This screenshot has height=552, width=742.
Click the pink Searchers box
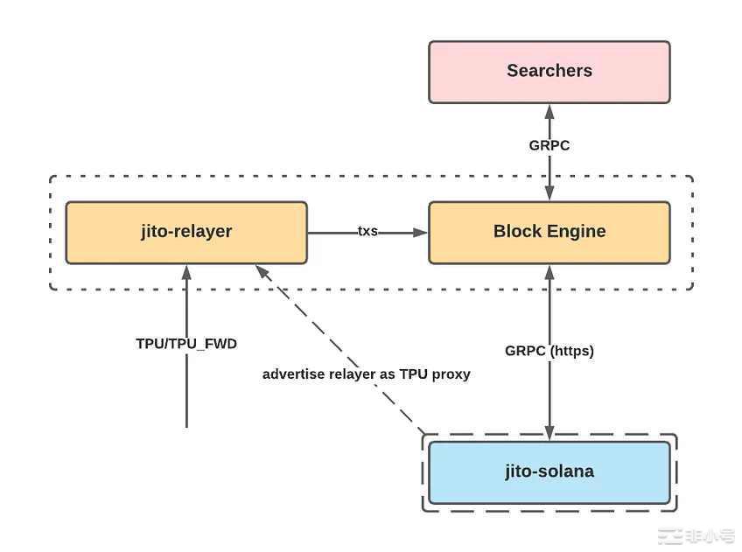click(x=549, y=72)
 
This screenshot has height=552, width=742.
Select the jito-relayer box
click(x=186, y=233)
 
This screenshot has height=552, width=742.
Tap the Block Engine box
click(x=549, y=233)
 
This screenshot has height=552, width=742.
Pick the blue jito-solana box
click(x=549, y=472)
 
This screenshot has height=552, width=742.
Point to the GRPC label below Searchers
click(x=549, y=145)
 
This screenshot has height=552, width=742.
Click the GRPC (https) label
click(x=549, y=351)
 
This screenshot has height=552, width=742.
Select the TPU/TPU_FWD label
click(x=186, y=344)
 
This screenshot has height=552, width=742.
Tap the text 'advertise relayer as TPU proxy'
click(x=367, y=374)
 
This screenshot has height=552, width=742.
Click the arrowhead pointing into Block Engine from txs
click(x=421, y=233)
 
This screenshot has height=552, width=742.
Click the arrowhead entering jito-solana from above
click(x=549, y=433)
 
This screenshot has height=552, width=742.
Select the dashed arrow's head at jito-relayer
click(x=260, y=270)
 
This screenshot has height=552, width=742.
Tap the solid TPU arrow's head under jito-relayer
click(x=186, y=271)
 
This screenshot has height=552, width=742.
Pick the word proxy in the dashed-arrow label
click(x=451, y=374)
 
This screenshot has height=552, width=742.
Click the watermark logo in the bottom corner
click(x=696, y=536)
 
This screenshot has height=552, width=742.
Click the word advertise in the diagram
click(x=293, y=374)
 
